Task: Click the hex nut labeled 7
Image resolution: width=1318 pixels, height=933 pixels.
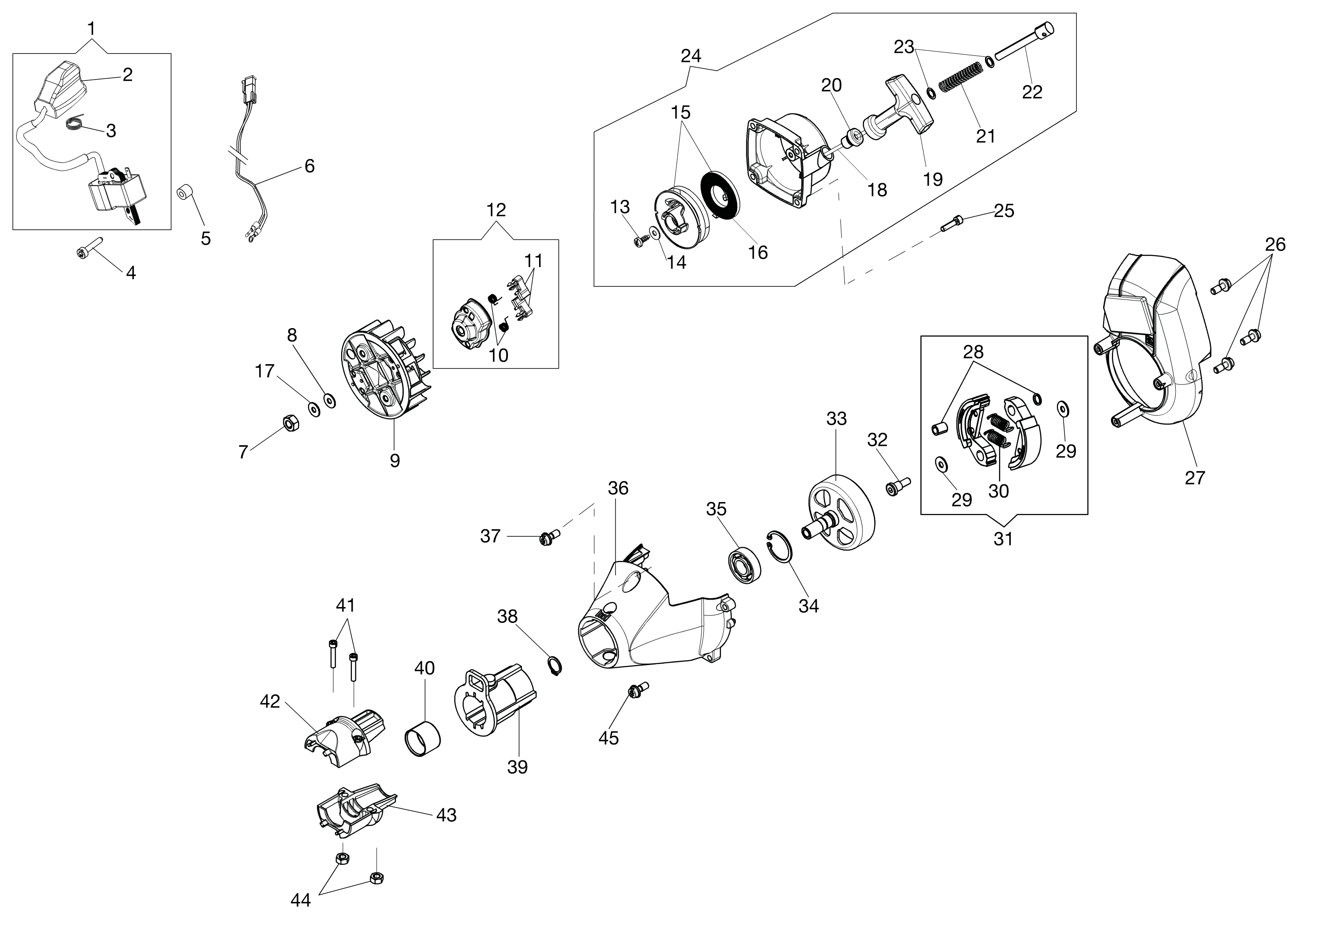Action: (x=291, y=423)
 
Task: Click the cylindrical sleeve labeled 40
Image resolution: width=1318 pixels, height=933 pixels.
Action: (x=424, y=738)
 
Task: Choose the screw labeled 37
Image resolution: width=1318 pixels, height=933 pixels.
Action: (x=547, y=538)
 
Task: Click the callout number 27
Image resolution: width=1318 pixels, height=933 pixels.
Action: (x=1195, y=477)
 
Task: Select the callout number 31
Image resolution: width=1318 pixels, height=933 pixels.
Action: (x=1003, y=539)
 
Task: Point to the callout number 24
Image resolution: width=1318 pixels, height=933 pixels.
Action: (x=691, y=56)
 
